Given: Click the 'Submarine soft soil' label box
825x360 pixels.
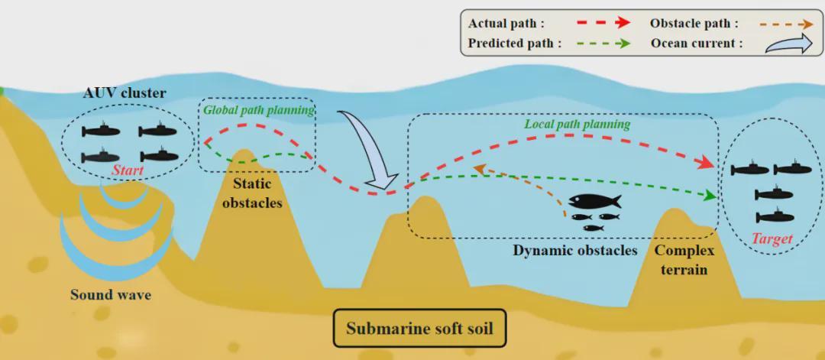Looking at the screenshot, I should tap(419, 329).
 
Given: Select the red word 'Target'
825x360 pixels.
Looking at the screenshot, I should tap(772, 238).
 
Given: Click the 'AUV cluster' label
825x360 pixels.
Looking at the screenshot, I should tap(125, 94).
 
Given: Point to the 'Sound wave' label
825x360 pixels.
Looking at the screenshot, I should tap(110, 294).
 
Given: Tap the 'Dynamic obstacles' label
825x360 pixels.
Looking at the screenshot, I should tap(575, 251).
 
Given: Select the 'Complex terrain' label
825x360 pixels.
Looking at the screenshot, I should tap(684, 260).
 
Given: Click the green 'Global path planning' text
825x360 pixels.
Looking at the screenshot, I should tap(259, 110).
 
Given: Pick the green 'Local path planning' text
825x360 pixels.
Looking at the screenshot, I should tap(577, 124).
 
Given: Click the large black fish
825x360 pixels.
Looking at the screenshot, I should tap(594, 203).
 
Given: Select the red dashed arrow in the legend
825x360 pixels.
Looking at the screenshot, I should tap(602, 23).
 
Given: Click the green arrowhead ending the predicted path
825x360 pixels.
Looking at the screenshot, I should tap(710, 196).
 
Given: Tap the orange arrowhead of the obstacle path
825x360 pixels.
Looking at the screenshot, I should tap(479, 167).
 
